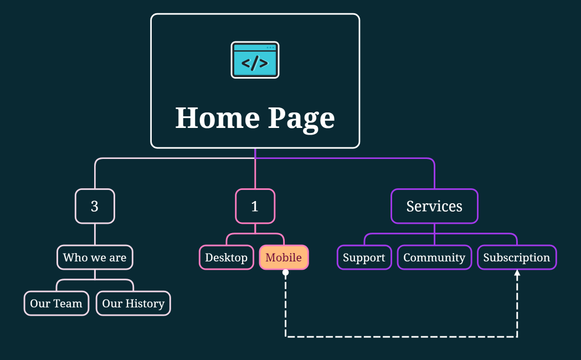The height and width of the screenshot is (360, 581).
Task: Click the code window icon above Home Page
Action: (255, 60)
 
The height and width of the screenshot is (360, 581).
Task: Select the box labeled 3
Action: (95, 206)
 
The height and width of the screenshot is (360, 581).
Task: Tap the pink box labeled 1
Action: (255, 206)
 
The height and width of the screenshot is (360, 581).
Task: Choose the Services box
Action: (434, 206)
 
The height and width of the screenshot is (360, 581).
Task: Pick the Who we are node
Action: (95, 257)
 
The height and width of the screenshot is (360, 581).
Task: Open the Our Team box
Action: (56, 304)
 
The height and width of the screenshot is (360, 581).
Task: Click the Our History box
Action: (133, 304)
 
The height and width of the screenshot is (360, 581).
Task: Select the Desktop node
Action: (226, 258)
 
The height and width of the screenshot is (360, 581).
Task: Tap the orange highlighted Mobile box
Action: (284, 258)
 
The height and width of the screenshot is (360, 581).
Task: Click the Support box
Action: (364, 258)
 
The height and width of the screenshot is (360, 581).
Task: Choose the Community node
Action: (434, 258)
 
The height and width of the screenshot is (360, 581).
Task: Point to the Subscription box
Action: (516, 258)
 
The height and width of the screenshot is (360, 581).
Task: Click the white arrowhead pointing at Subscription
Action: (517, 274)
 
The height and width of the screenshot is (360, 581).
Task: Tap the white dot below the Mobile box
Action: (285, 272)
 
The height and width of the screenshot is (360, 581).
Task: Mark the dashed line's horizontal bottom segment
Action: (401, 336)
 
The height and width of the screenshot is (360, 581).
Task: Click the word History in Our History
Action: (145, 304)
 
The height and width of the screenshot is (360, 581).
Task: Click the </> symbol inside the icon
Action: (255, 63)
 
